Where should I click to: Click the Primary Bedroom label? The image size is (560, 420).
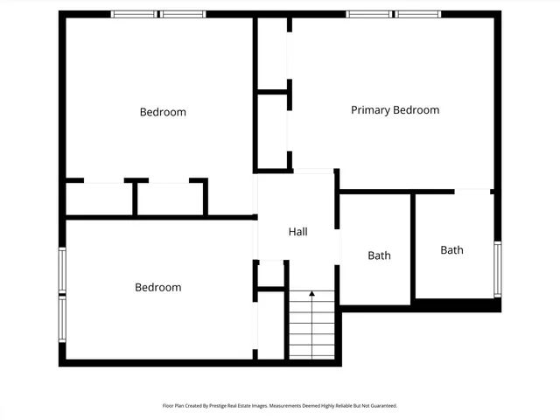[395, 110]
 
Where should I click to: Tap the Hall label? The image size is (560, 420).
[297, 232]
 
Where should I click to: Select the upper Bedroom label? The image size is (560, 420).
[163, 112]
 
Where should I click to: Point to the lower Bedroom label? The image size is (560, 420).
[157, 287]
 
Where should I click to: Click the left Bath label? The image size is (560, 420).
[379, 255]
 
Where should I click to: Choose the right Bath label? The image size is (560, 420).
[451, 250]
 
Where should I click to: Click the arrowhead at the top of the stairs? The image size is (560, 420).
[311, 295]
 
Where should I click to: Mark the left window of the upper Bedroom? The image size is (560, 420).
[134, 14]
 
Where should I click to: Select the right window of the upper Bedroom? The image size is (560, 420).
[184, 14]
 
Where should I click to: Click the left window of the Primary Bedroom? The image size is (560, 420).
[368, 14]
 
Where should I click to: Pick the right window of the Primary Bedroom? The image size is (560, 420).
[418, 14]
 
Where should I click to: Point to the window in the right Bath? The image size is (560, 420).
[497, 269]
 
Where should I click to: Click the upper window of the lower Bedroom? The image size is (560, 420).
[62, 270]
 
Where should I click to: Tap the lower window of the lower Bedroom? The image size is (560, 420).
[62, 322]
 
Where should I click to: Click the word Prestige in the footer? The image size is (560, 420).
[227, 406]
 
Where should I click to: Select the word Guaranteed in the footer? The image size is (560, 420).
[381, 406]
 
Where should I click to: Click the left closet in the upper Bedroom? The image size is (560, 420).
[99, 199]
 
